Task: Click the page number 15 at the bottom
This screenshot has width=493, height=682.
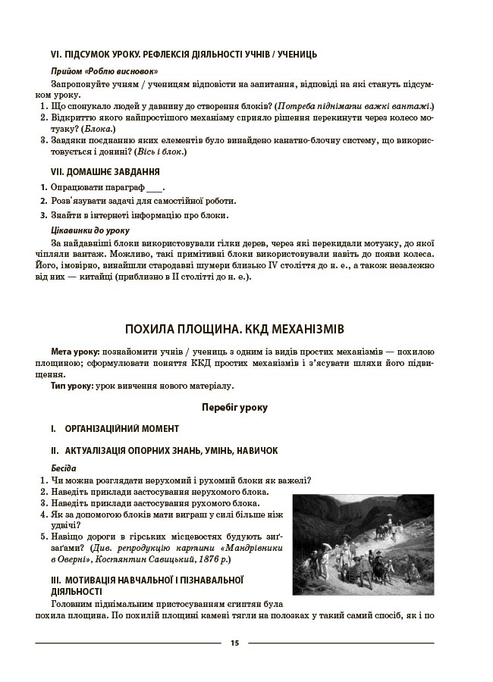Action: [234, 643]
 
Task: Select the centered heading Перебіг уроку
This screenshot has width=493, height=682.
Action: [234, 407]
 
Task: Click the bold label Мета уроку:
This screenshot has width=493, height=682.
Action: [75, 353]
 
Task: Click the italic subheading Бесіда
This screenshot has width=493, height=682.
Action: [64, 468]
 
